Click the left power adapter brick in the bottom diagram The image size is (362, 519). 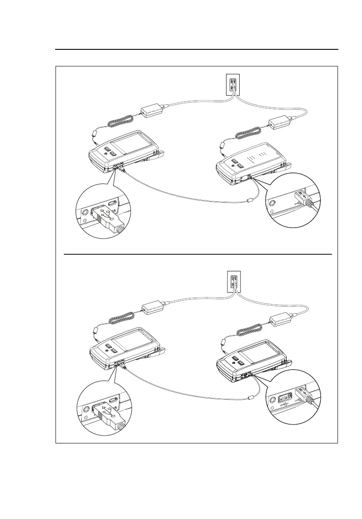tap(152, 308)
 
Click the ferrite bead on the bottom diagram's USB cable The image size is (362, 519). tap(251, 398)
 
